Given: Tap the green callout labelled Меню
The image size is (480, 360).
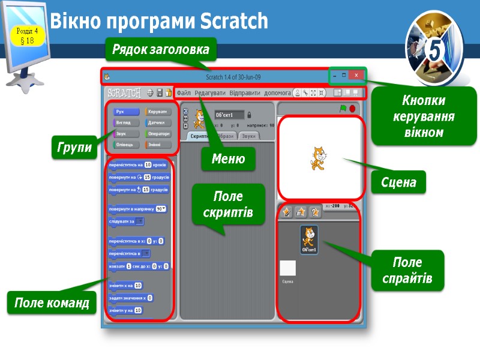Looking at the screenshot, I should coord(229,159).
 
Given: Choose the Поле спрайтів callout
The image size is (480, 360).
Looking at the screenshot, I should coord(407,270).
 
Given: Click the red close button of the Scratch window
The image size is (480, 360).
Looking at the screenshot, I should coord(356,76).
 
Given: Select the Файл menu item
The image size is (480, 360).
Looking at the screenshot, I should coord(184,93).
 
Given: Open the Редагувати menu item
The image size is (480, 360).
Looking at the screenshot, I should coord(209,93).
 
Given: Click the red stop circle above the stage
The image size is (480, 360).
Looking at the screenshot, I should coord(352,109).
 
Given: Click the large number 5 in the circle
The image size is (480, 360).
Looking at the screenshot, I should coord(436,51).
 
